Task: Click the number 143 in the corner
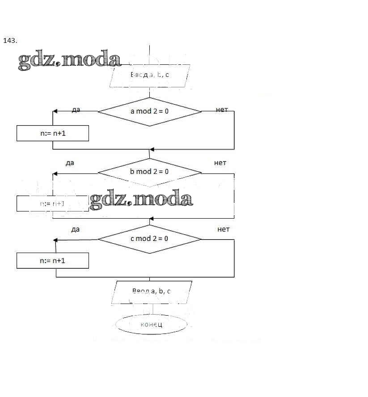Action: pyautogui.click(x=10, y=41)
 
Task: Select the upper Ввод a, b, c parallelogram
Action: pyautogui.click(x=150, y=75)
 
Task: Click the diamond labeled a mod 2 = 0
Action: pyautogui.click(x=150, y=111)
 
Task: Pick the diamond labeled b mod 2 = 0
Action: pyautogui.click(x=150, y=172)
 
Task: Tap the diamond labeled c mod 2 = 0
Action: pyautogui.click(x=150, y=239)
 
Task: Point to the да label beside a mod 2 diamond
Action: pyautogui.click(x=76, y=110)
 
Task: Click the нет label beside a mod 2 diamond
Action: pyautogui.click(x=222, y=110)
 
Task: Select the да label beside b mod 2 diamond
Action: pyautogui.click(x=69, y=163)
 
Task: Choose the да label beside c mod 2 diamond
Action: pyautogui.click(x=75, y=229)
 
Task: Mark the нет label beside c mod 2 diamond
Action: pyautogui.click(x=223, y=229)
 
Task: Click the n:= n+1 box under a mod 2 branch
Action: pyautogui.click(x=53, y=133)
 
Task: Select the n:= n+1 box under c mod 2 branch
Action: pyautogui.click(x=53, y=261)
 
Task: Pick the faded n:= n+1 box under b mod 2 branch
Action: pyautogui.click(x=53, y=204)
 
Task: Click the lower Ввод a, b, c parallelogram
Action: pyautogui.click(x=152, y=291)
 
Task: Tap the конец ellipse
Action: pyautogui.click(x=151, y=324)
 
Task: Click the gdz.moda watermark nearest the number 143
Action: pyautogui.click(x=69, y=61)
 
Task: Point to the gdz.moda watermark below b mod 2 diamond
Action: pyautogui.click(x=141, y=199)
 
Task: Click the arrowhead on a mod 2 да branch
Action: pyautogui.click(x=55, y=111)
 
